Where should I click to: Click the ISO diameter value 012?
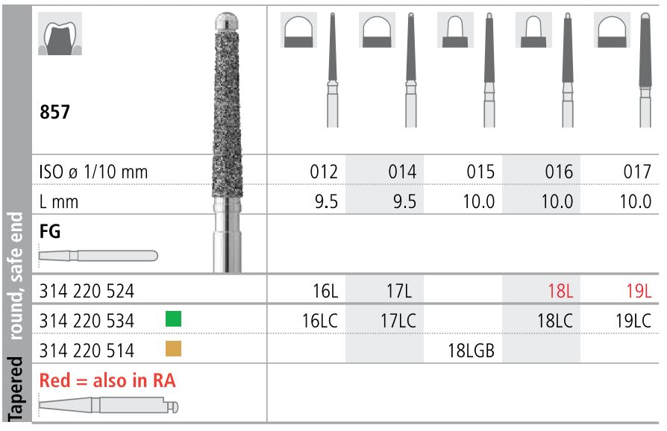pos(325,172)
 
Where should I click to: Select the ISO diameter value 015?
pos(480,172)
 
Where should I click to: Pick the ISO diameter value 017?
pos(636,172)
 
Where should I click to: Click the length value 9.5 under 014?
pos(402,201)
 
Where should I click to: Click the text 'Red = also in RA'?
pos(107,380)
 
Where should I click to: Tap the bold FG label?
pos(49,232)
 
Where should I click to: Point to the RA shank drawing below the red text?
pos(109,407)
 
